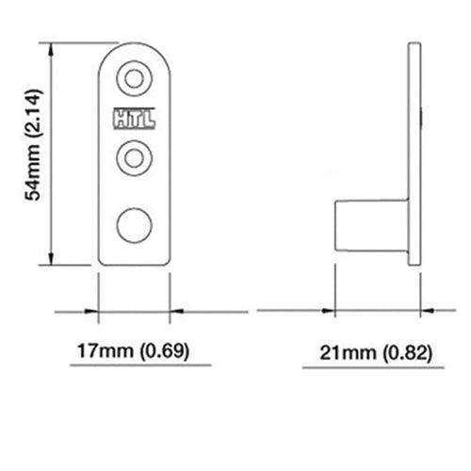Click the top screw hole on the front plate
[134, 78]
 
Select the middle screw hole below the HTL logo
[134, 154]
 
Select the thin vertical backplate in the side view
[413, 155]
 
